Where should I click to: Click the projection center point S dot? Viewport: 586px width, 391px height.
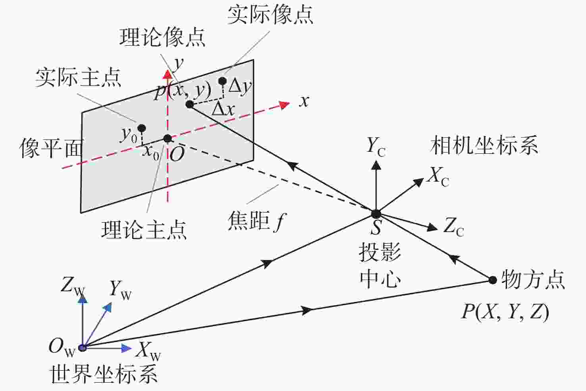click(376, 214)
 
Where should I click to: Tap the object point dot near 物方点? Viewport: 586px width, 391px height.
click(493, 280)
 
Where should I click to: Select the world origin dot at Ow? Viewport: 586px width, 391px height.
click(83, 348)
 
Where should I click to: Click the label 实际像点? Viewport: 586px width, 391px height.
click(270, 15)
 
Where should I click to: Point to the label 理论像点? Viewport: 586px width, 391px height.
click(162, 37)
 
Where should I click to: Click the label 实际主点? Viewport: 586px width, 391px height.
click(78, 78)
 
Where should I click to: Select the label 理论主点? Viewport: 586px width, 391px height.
click(144, 230)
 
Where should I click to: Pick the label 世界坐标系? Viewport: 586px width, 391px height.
click(104, 374)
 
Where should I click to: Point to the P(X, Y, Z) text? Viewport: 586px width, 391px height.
click(505, 312)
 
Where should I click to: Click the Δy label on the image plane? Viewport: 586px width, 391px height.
click(240, 87)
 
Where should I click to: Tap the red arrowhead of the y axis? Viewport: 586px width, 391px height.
click(167, 74)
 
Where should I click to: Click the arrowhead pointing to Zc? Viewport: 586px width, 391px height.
click(432, 227)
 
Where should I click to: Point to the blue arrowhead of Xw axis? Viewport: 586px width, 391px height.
click(127, 348)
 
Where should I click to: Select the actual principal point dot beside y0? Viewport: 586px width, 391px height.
click(141, 128)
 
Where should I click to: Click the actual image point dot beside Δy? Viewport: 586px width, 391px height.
click(222, 81)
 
